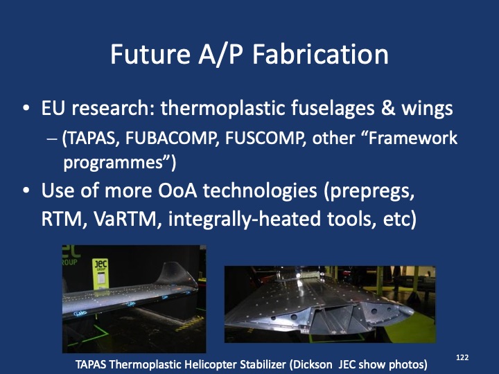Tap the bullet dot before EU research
[x=26, y=110]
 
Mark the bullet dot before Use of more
[x=26, y=193]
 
